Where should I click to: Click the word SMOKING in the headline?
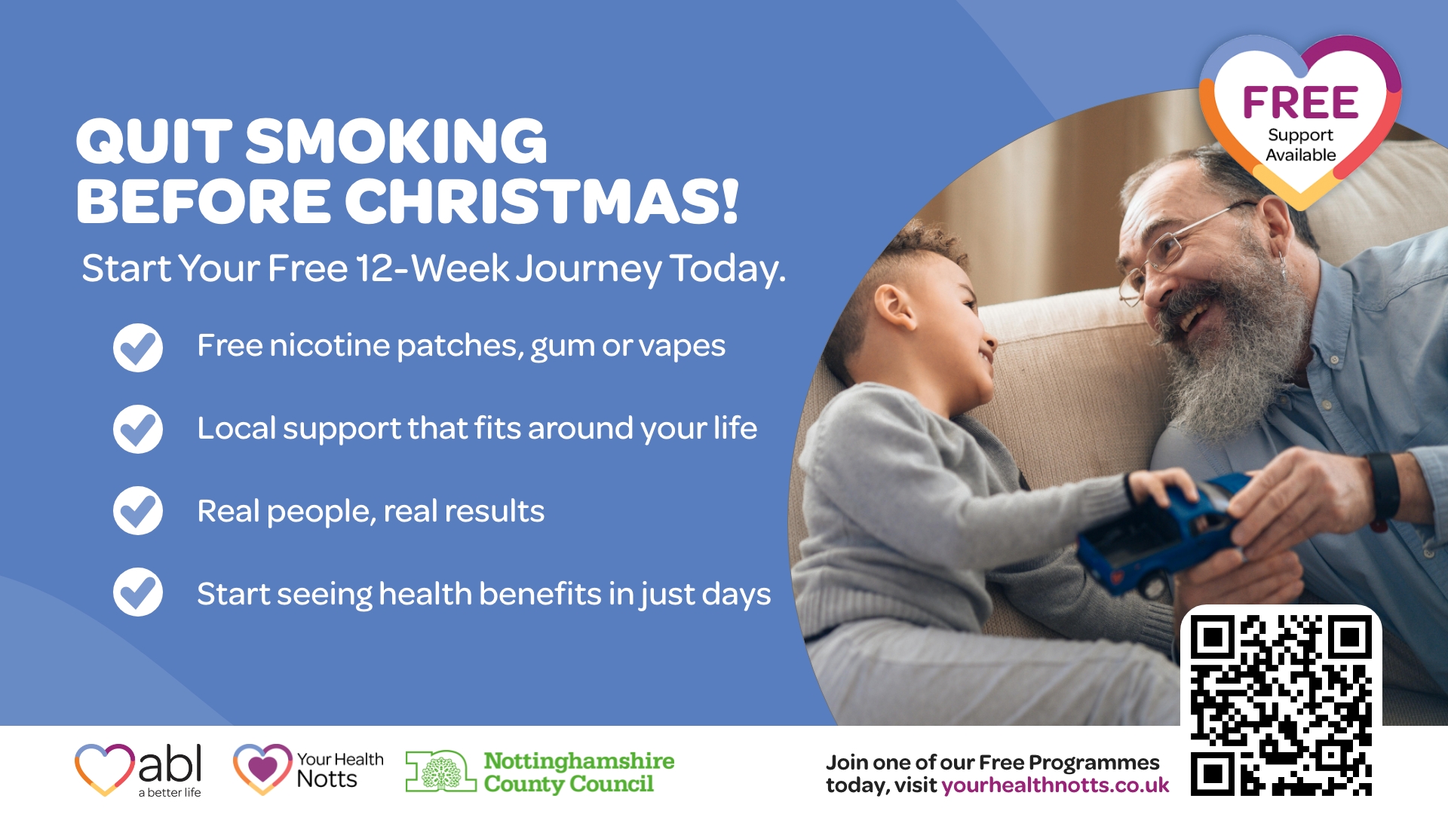pyautogui.click(x=396, y=141)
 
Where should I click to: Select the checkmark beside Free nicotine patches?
pyautogui.click(x=138, y=347)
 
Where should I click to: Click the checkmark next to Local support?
pyautogui.click(x=138, y=429)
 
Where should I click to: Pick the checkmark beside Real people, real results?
pyautogui.click(x=138, y=510)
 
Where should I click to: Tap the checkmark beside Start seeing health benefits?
pyautogui.click(x=138, y=592)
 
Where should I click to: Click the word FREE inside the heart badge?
pyautogui.click(x=1301, y=103)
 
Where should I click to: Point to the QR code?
pyautogui.click(x=1281, y=705)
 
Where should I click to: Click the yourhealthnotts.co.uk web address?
pyautogui.click(x=1055, y=785)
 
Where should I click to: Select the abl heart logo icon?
pyautogui.click(x=105, y=769)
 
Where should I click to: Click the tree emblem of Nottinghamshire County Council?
pyautogui.click(x=441, y=771)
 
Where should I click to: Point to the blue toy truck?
pyautogui.click(x=1161, y=531)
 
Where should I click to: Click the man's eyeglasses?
pyautogui.click(x=1176, y=252)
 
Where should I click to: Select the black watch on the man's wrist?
pyautogui.click(x=1384, y=486)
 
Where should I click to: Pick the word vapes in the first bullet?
pyautogui.click(x=682, y=347)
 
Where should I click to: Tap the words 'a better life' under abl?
pyautogui.click(x=170, y=793)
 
